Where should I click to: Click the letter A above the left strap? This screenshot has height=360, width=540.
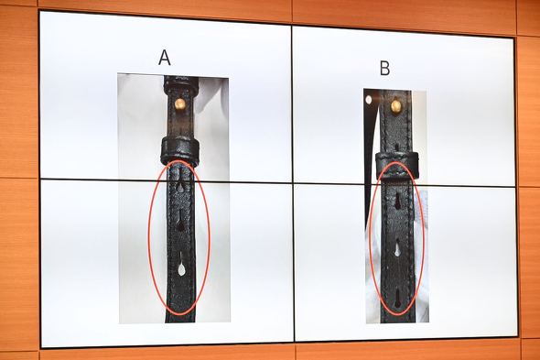165,58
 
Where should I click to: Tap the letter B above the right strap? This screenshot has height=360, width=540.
384,68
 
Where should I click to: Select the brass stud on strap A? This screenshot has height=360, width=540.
179,104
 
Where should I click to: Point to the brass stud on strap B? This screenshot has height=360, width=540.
396,106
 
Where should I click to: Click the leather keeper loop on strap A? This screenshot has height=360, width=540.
179,150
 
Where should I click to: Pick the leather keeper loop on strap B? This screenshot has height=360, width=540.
397,165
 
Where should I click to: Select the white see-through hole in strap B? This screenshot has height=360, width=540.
397,250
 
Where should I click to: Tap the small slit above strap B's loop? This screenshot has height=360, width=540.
396,147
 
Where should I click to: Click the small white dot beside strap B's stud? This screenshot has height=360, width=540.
369,100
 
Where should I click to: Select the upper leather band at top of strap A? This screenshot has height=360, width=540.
181,85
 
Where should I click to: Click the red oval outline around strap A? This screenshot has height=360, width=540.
148,238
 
